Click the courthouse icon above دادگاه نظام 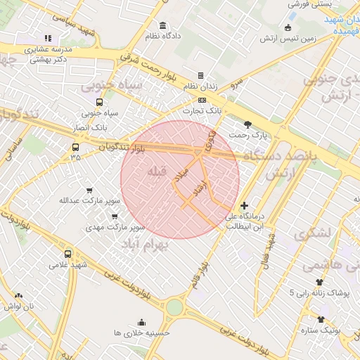(x=163, y=25)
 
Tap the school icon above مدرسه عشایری (x=48, y=38)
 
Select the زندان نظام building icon (x=200, y=75)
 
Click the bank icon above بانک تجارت (x=202, y=100)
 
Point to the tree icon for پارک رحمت (x=247, y=124)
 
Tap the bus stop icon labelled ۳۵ (x=75, y=147)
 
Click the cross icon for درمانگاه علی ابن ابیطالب (x=244, y=206)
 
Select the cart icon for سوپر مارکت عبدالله (x=89, y=190)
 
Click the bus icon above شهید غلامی (x=67, y=254)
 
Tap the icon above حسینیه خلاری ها (x=141, y=323)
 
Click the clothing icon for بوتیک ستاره (x=321, y=319)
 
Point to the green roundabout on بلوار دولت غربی (x=174, y=307)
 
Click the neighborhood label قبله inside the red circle (x=157, y=171)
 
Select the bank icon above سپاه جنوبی (x=103, y=101)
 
